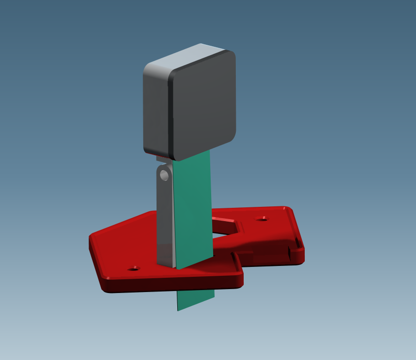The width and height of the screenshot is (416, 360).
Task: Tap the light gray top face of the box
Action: (x=190, y=58)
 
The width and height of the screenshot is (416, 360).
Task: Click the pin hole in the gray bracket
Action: (x=164, y=175)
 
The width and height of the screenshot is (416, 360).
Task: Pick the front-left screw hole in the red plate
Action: (x=133, y=269)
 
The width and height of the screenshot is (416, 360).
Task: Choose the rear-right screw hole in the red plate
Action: (x=262, y=219)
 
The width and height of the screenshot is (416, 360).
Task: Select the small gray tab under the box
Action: (x=162, y=159)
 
